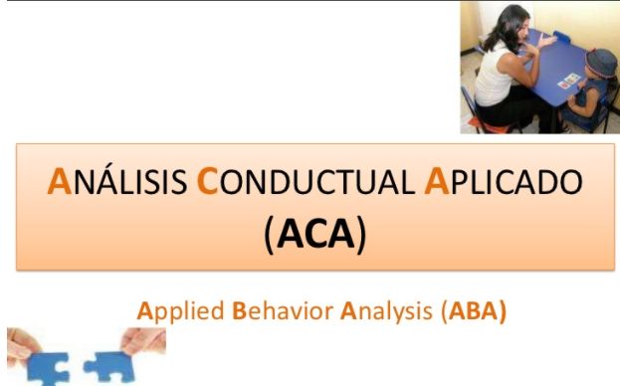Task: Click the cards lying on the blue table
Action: coord(569,79)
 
